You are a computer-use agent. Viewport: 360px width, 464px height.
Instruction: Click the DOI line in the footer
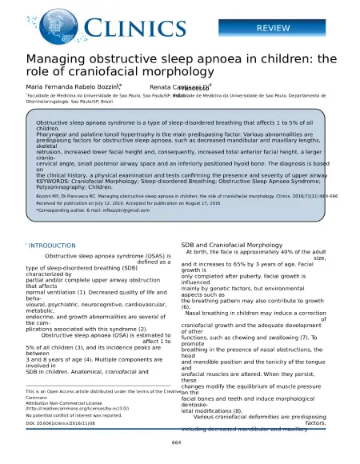(61, 424)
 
